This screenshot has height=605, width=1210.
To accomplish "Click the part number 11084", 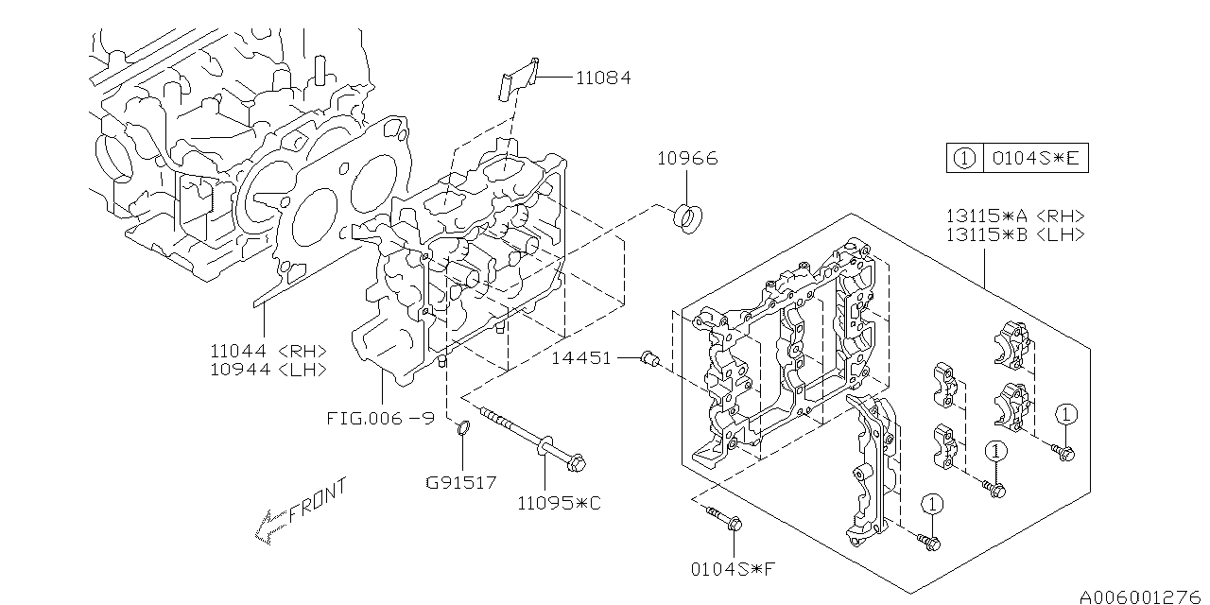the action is point(603,78).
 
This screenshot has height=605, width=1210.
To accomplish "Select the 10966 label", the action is point(687,158).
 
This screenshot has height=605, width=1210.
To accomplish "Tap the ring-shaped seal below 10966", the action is point(688,218).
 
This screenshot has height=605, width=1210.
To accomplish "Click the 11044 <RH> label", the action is point(268,351).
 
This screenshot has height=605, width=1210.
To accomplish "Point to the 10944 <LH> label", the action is point(268,370).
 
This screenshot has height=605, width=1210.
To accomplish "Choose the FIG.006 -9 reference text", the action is point(381,418).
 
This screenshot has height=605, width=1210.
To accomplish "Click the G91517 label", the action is point(460,482).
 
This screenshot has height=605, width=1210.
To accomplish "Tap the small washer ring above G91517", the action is point(463,428).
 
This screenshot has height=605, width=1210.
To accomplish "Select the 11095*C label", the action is point(559,504).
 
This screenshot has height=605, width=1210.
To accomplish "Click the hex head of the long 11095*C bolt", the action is point(577,463).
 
